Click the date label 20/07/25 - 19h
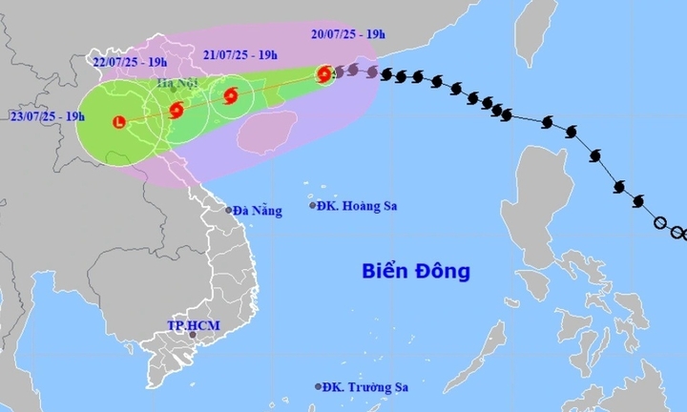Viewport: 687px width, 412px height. tap(348, 35)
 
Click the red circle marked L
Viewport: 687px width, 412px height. tap(118, 121)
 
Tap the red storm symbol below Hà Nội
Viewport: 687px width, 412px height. tap(177, 110)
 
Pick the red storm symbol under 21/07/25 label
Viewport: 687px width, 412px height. tap(230, 94)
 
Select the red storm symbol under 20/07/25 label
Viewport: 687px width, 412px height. tap(324, 74)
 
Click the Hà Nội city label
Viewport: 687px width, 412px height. tap(178, 84)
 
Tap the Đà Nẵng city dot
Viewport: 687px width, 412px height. tap(229, 210)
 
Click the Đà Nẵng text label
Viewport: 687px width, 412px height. tap(259, 211)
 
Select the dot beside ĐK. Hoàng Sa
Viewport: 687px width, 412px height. tap(313, 205)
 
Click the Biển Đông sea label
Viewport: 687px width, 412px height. tap(416, 272)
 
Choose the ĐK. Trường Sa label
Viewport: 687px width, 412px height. tap(364, 386)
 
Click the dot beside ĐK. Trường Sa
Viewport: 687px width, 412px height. tap(318, 386)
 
